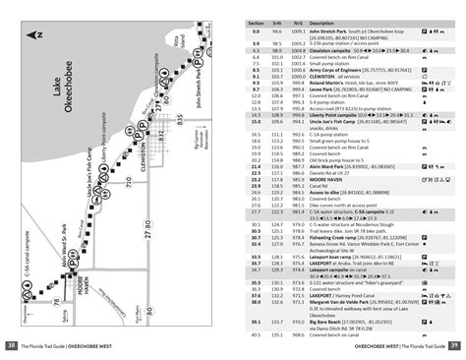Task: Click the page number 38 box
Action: [11, 345]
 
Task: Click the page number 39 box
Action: [455, 345]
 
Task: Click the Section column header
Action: [255, 20]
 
